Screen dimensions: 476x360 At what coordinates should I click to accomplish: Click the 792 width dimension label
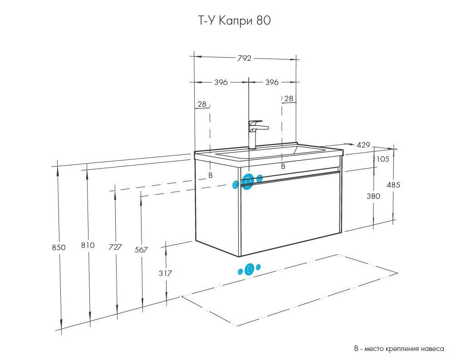coord(245,58)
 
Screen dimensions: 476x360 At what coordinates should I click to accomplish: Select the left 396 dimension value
coord(221,82)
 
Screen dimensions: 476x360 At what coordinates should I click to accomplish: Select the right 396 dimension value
coord(272,82)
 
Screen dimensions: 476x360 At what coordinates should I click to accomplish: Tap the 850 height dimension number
coord(59,247)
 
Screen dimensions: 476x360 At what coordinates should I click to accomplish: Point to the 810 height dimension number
coord(88,245)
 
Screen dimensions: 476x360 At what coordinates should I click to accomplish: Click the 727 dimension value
coord(115,247)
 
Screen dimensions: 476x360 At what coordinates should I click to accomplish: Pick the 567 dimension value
coord(141,250)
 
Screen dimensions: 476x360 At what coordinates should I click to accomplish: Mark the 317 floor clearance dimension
coord(165,273)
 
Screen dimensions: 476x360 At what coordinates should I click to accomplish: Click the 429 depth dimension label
coord(363,145)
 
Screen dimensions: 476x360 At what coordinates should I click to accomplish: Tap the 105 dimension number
coord(383,159)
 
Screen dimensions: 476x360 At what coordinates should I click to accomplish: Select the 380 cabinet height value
coord(373,196)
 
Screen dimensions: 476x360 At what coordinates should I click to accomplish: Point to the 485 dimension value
coord(393,185)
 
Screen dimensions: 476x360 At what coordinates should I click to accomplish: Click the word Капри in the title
coord(236,21)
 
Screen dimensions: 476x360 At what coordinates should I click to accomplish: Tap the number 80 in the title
coord(264,20)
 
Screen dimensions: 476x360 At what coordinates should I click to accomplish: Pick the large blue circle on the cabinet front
coord(248,182)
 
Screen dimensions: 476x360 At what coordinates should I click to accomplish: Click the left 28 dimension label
coord(202,104)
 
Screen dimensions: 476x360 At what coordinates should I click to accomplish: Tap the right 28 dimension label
coord(289,99)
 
